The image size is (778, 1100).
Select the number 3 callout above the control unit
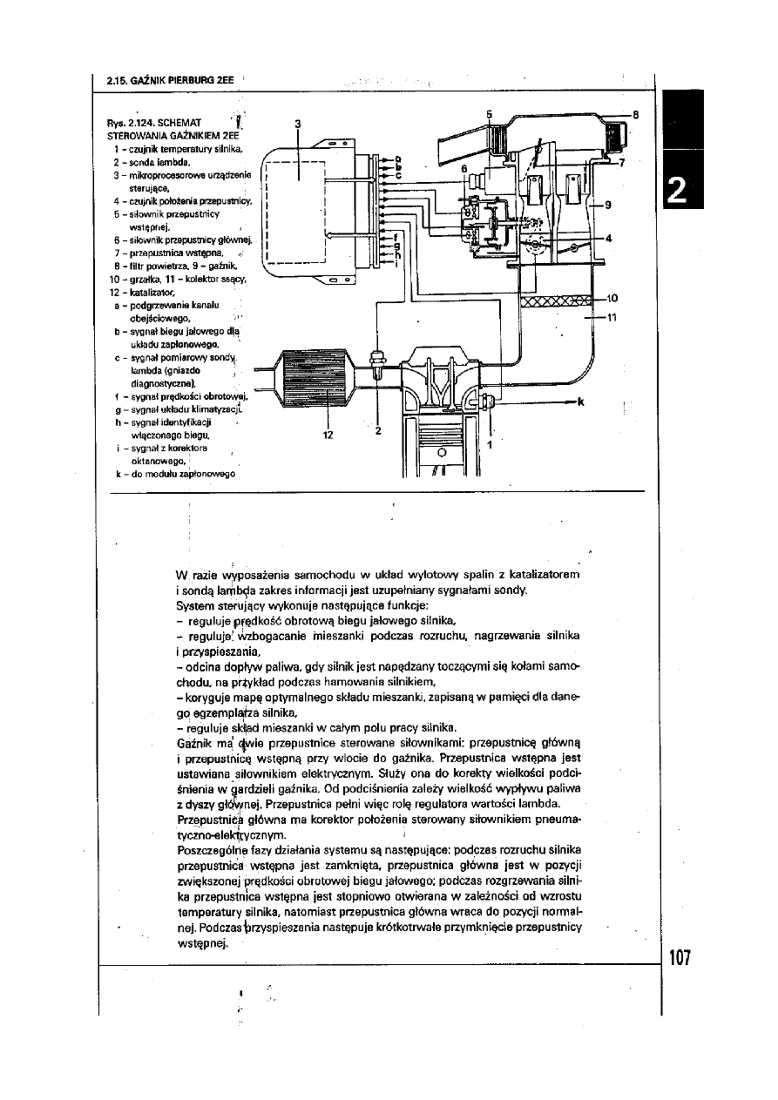298,124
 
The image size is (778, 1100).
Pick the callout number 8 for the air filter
635,113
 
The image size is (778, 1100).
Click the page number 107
680,959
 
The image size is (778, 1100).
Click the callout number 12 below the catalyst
328,435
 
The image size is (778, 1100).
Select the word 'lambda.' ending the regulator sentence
549,802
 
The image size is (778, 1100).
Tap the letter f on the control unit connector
396,236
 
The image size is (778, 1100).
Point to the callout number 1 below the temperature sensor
489,444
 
